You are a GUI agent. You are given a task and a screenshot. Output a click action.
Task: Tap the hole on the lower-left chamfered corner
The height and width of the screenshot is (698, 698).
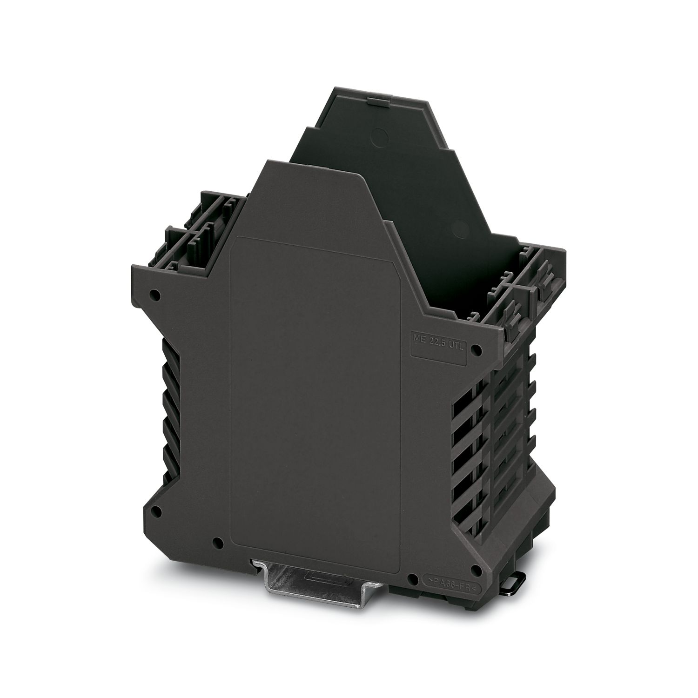tap(156, 511)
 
